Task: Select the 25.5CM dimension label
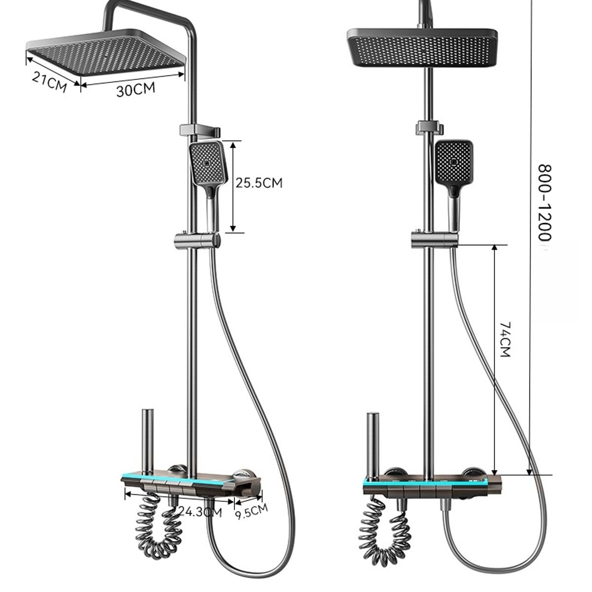(259, 183)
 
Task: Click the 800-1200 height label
(544, 202)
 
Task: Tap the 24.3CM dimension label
(200, 512)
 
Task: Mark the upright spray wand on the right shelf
(372, 444)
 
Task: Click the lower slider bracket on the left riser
(196, 241)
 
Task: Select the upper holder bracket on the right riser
(430, 127)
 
